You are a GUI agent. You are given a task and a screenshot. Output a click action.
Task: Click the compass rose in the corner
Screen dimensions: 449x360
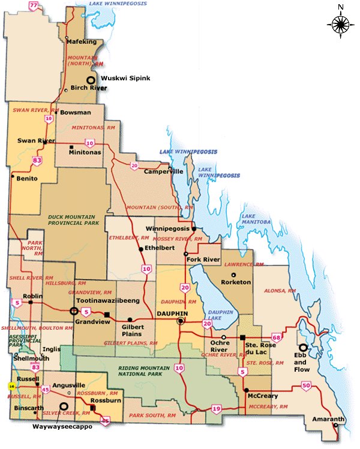pos(340,24)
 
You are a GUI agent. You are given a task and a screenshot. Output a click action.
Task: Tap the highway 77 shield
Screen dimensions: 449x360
pos(34,6)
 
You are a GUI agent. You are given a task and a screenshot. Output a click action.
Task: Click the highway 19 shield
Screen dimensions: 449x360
pos(216,409)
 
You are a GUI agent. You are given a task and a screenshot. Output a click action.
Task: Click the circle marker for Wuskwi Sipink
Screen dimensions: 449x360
pos(91,80)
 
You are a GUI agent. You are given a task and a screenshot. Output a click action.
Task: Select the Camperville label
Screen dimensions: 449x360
pos(163,171)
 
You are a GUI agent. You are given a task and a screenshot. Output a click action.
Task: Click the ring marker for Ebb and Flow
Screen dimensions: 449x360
pos(304,347)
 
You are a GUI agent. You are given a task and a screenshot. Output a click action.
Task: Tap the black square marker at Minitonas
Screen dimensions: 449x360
pos(71,147)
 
